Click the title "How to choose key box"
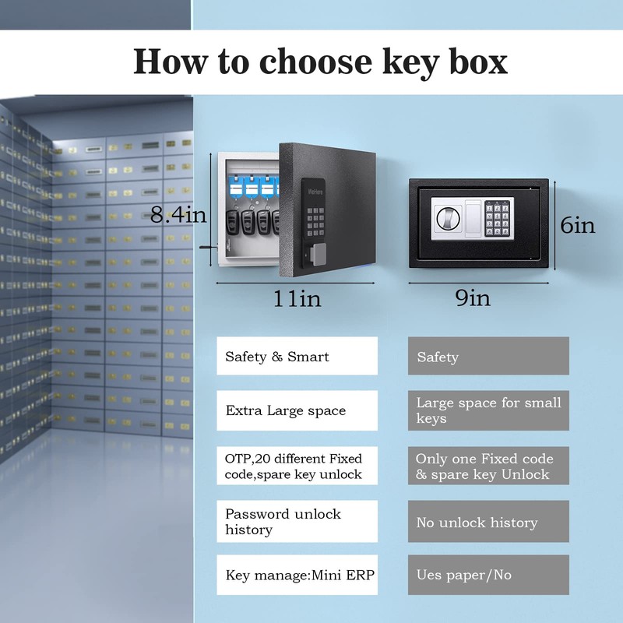click(320, 62)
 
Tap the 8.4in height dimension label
click(178, 216)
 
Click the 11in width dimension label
click(297, 298)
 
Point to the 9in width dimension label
click(473, 297)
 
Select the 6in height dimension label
click(578, 226)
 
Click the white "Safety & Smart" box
click(297, 357)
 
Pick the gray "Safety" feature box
click(488, 357)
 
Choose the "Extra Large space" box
click(297, 410)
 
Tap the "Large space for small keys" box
click(488, 410)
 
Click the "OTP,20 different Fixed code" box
click(297, 466)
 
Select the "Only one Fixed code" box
click(488, 466)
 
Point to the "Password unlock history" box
click(297, 521)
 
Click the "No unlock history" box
click(488, 522)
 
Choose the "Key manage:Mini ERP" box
click(297, 575)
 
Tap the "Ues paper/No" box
click(488, 575)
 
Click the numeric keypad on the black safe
click(498, 218)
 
